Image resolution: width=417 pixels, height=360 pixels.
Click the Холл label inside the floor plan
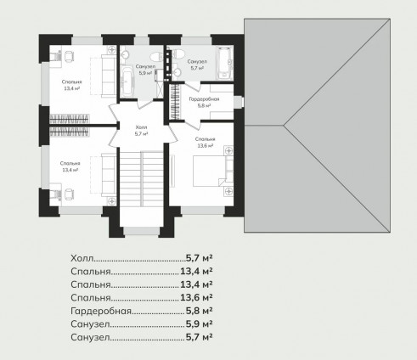pyautogui.click(x=141, y=130)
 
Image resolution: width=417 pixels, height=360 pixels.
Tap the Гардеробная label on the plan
pyautogui.click(x=204, y=102)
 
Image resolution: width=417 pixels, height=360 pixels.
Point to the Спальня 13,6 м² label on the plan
pyautogui.click(x=206, y=143)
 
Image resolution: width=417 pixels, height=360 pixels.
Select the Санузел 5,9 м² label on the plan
pyautogui.click(x=145, y=70)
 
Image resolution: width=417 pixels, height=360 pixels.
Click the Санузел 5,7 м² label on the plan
pyautogui.click(x=197, y=65)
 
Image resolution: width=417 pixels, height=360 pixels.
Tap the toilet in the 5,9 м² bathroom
pyautogui.click(x=155, y=57)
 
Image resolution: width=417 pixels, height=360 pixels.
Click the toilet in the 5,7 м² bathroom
pyautogui.click(x=178, y=53)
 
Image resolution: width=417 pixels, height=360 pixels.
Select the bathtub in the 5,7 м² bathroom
pyautogui.click(x=225, y=63)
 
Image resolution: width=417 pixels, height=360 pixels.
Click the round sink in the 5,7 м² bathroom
pyautogui.click(x=178, y=72)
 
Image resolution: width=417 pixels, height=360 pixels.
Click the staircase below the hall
pyautogui.click(x=141, y=179)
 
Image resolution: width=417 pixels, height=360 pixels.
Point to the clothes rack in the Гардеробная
pyautogui.click(x=175, y=101)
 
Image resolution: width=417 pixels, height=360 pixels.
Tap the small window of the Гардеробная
pyautogui.click(x=239, y=102)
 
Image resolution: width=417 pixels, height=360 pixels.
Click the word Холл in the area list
pyautogui.click(x=82, y=258)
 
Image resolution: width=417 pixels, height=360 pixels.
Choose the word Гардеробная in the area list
pyautogui.click(x=101, y=311)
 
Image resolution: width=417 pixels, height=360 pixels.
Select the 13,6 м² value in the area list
pyautogui.click(x=196, y=297)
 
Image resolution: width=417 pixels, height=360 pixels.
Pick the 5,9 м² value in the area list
pyautogui.click(x=200, y=323)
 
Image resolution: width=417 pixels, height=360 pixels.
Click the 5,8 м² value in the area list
pyautogui.click(x=200, y=311)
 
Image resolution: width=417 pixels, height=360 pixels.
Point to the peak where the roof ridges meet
pyautogui.click(x=284, y=125)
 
